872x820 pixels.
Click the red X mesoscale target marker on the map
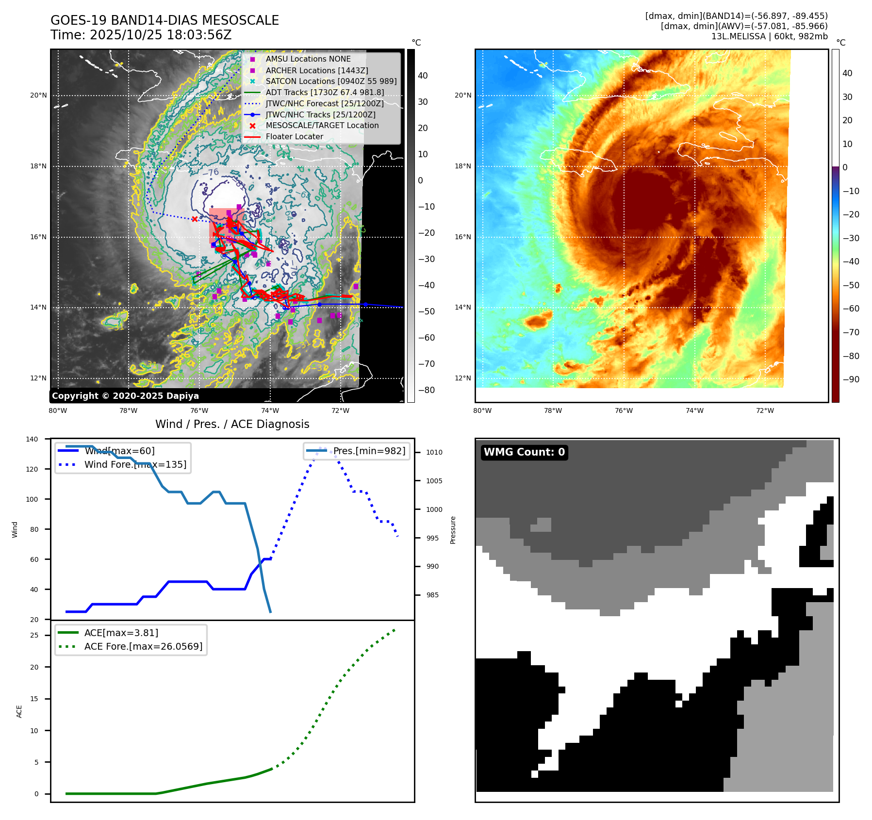coord(195,219)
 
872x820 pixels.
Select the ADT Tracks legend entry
coord(324,92)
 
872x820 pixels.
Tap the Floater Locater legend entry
coord(294,137)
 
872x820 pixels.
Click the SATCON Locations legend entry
coord(330,81)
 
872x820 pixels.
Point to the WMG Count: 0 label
coord(524,452)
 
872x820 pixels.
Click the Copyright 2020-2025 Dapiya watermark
coord(125,396)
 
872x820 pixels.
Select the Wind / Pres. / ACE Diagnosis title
coord(232,424)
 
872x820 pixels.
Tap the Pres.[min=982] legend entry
coord(369,451)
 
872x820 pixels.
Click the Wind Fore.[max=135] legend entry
coord(135,464)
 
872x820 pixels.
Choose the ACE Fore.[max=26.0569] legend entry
coord(143,646)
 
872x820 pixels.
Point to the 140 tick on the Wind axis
coord(32,439)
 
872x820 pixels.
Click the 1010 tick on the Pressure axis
coord(434,452)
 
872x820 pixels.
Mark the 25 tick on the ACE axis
coord(34,635)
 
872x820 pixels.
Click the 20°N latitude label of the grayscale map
coord(38,95)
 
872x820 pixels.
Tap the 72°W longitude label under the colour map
coord(765,410)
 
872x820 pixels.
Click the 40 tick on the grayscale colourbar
coord(423,75)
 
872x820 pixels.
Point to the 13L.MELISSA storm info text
coord(769,36)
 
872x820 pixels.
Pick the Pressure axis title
coord(453,530)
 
